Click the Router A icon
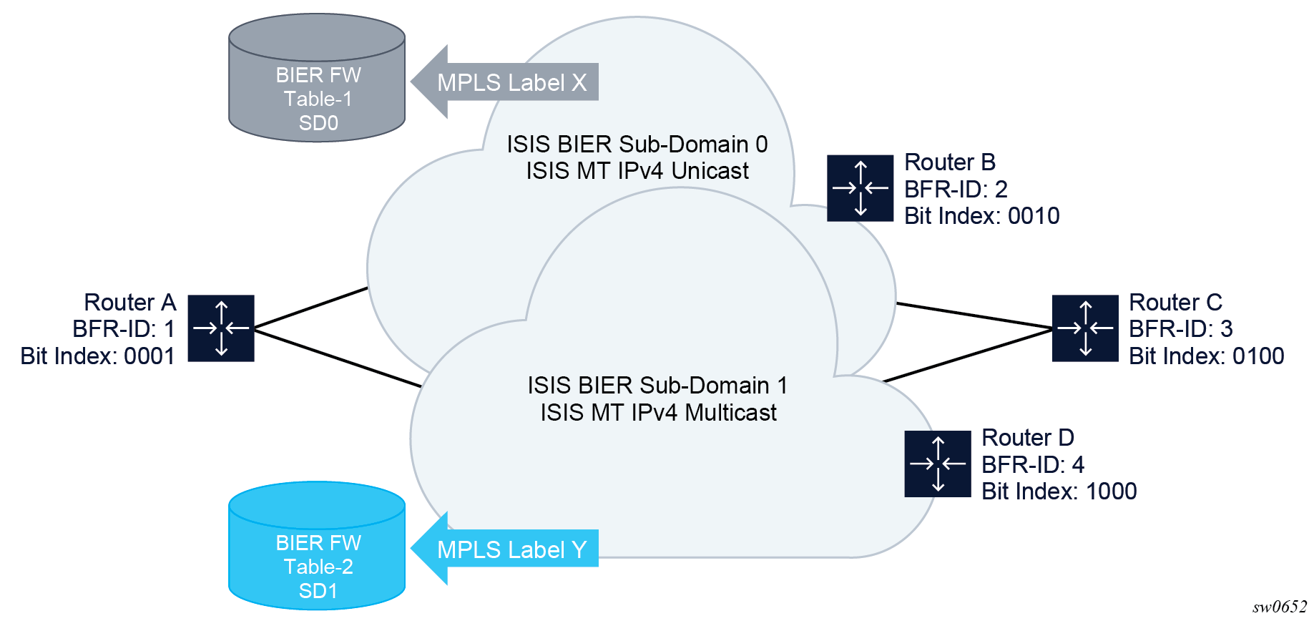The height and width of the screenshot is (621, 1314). [x=221, y=328]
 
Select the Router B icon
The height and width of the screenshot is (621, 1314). [x=860, y=188]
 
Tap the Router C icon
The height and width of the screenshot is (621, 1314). [x=1085, y=328]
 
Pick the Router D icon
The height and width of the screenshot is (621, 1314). [x=937, y=464]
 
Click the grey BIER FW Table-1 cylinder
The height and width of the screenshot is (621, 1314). [x=317, y=79]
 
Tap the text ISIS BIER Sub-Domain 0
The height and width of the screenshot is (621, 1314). [x=637, y=145]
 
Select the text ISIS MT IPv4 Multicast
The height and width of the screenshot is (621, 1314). [x=658, y=413]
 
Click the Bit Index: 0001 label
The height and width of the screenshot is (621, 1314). [x=97, y=356]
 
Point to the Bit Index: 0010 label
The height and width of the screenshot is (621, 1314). [x=981, y=216]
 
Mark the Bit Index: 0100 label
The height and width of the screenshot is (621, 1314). [x=1206, y=356]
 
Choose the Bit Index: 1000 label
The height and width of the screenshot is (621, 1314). [x=1059, y=492]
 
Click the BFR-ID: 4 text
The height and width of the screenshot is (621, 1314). [x=1032, y=465]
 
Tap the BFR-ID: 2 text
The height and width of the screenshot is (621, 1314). [x=956, y=190]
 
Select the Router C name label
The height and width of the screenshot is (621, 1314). [x=1175, y=303]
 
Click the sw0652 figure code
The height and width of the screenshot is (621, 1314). [x=1279, y=607]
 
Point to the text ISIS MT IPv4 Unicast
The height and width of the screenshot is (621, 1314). [x=637, y=171]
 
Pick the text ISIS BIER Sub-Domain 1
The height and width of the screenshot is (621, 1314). [x=657, y=386]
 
